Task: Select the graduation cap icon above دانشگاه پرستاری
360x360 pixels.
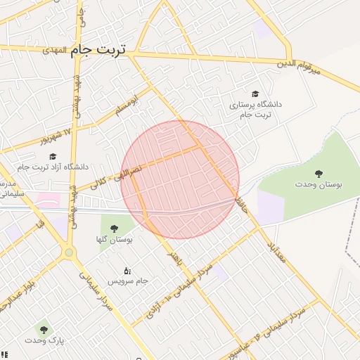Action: click(255, 93)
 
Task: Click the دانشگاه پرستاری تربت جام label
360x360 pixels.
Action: click(255, 109)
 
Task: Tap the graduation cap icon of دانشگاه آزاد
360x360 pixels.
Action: click(53, 156)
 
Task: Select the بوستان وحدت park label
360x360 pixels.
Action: click(319, 184)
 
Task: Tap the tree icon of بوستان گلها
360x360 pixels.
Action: click(114, 227)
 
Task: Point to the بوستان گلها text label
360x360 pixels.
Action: click(115, 239)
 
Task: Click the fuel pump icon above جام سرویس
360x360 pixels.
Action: click(127, 269)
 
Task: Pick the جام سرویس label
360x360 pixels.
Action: click(127, 281)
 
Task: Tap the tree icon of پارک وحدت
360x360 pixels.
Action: click(44, 328)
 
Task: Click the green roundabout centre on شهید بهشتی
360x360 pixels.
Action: click(69, 252)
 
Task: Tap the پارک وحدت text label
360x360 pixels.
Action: click(44, 340)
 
